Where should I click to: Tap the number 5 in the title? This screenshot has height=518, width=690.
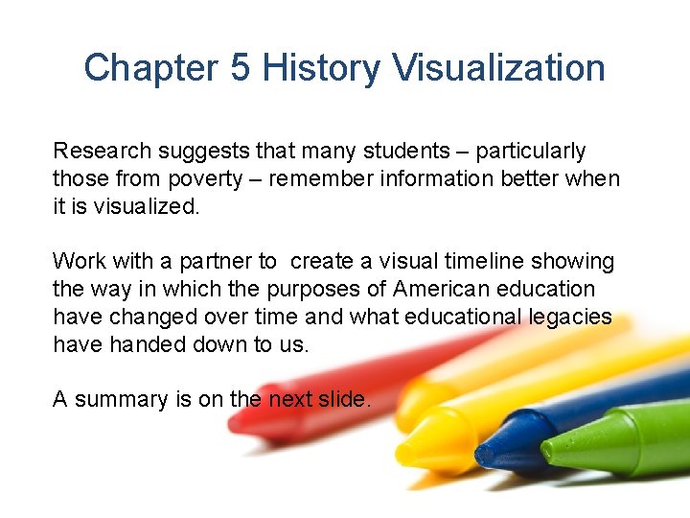[x=240, y=68]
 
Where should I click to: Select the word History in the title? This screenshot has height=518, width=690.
[x=322, y=68]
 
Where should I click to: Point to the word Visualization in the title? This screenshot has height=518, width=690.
[x=498, y=68]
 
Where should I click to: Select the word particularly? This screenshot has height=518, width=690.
[x=530, y=151]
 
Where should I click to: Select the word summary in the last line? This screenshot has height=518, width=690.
[x=120, y=399]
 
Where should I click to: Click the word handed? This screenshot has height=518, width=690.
[x=142, y=344]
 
